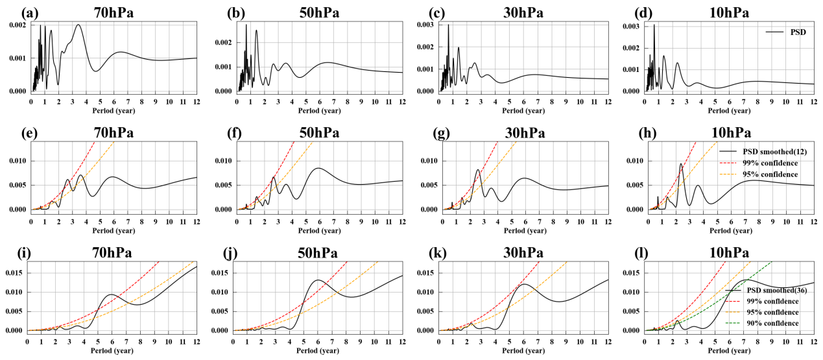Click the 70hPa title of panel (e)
113,133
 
